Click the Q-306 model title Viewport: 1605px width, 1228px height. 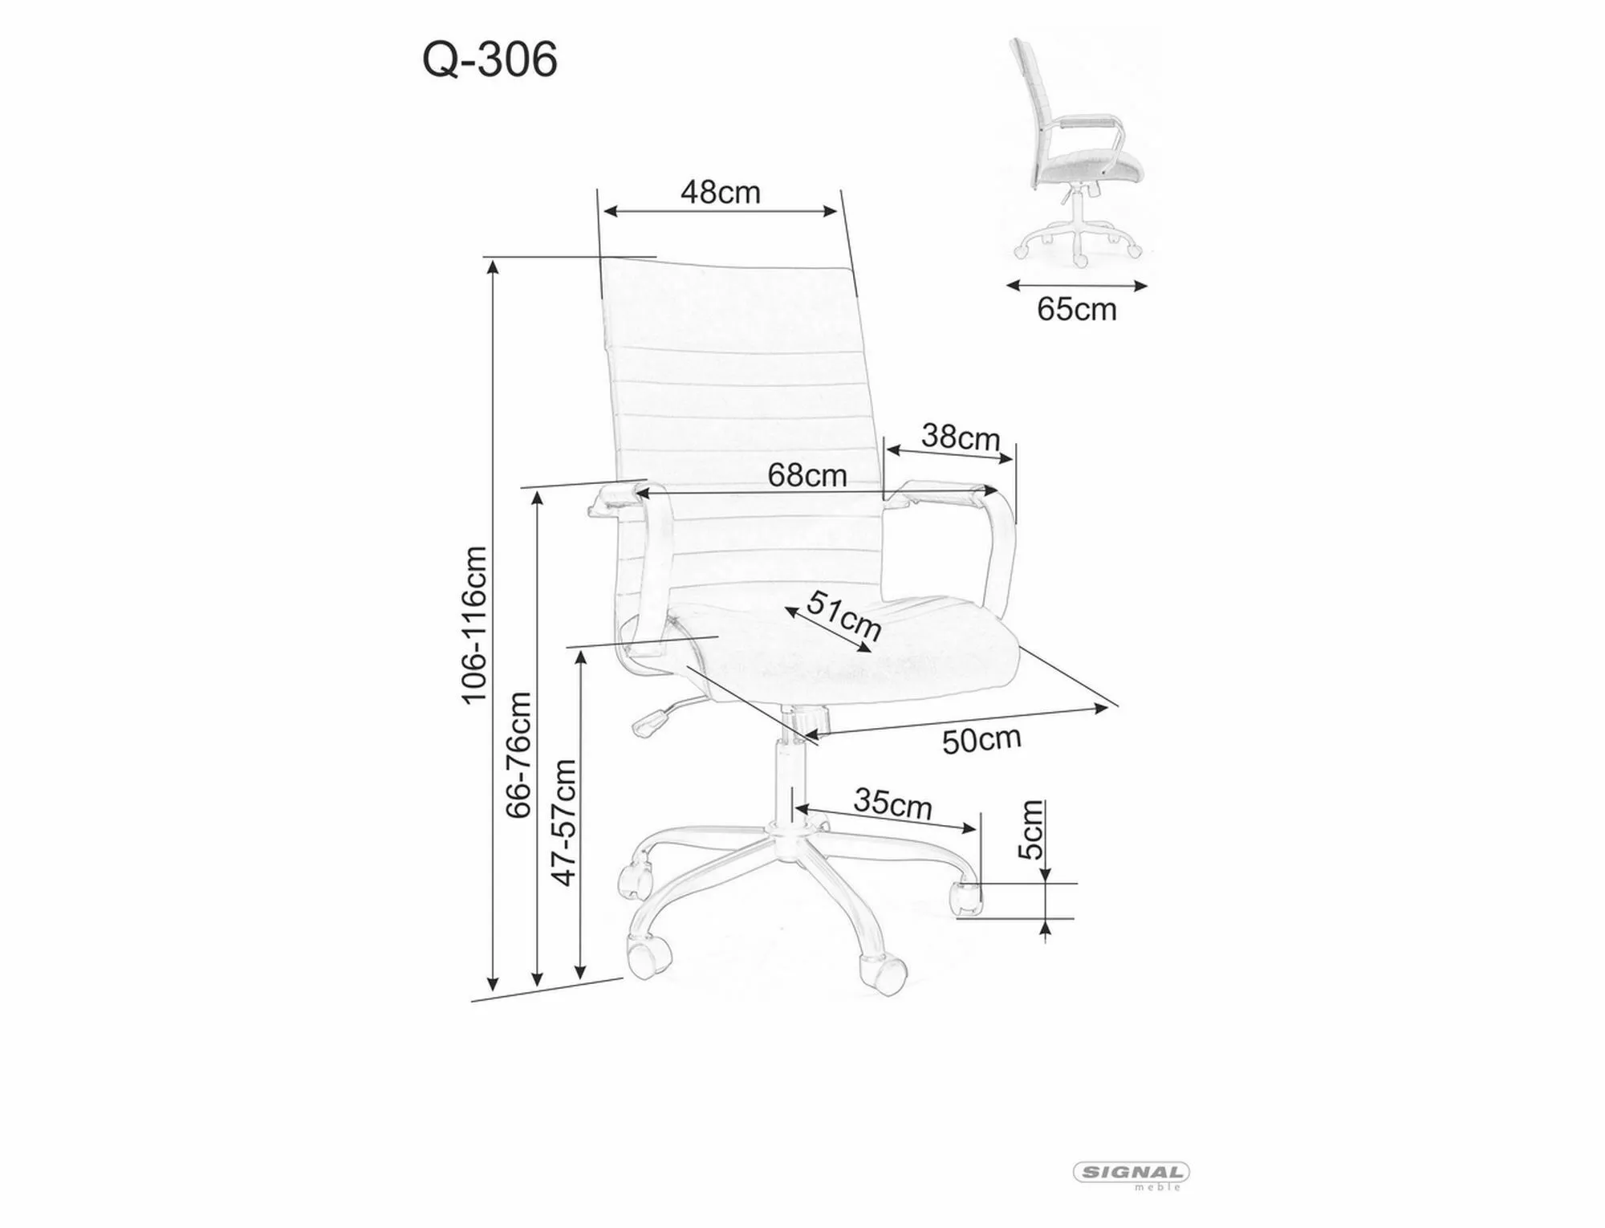pyautogui.click(x=490, y=59)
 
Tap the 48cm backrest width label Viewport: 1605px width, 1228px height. pyautogui.click(x=720, y=192)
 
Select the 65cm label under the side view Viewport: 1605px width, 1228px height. pyautogui.click(x=1076, y=309)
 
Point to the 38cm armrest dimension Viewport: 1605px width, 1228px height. pyautogui.click(x=960, y=437)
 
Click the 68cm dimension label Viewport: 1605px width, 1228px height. pyautogui.click(x=807, y=475)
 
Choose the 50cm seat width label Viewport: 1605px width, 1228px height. pyautogui.click(x=981, y=739)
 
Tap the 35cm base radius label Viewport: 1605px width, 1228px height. pyautogui.click(x=892, y=803)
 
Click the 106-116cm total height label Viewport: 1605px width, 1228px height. pyautogui.click(x=474, y=624)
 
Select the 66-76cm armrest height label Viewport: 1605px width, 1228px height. pyautogui.click(x=519, y=754)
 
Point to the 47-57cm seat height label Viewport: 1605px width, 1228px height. pyautogui.click(x=564, y=822)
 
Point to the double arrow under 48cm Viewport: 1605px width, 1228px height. pyautogui.click(x=720, y=211)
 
